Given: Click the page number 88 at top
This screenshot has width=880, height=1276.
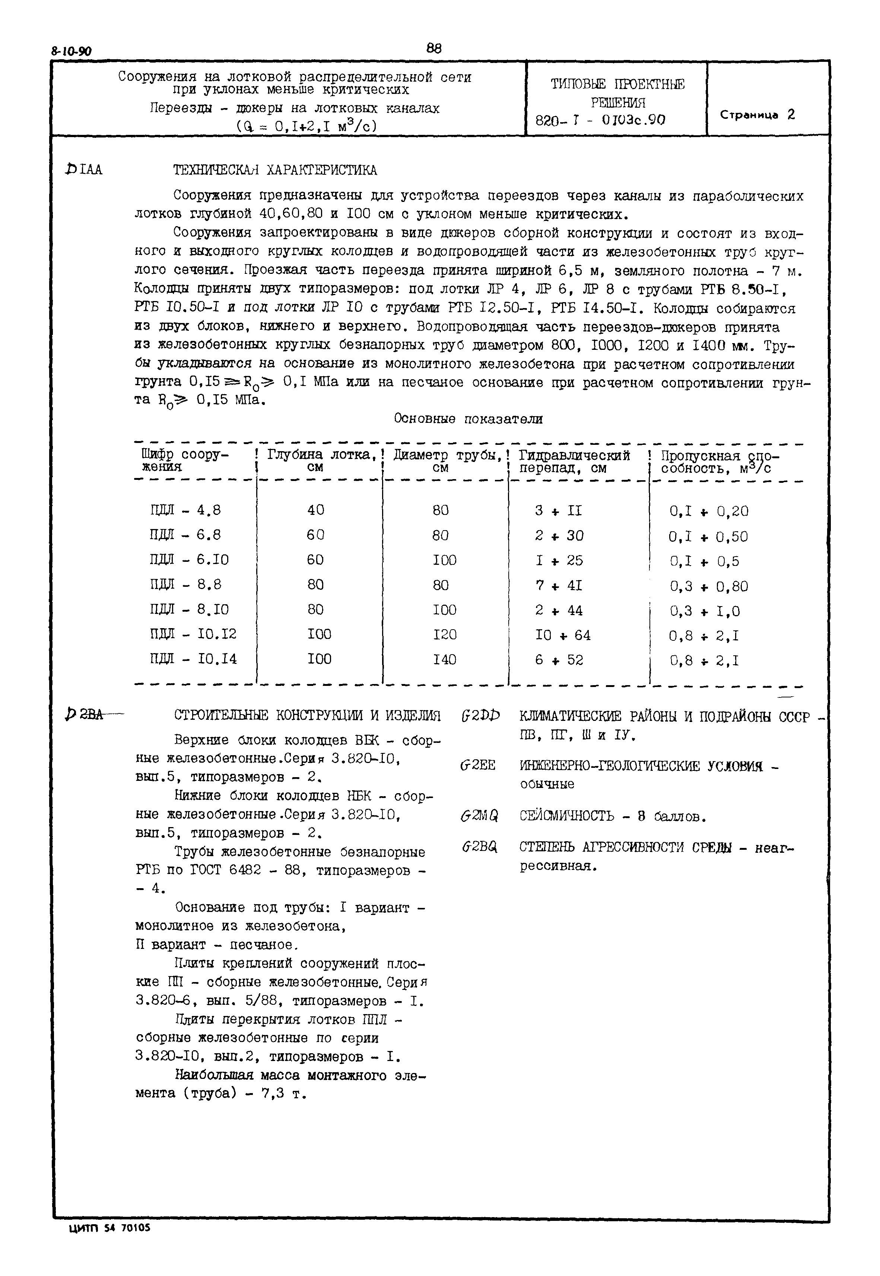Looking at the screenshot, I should [434, 48].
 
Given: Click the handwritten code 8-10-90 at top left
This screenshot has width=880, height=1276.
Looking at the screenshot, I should [72, 52].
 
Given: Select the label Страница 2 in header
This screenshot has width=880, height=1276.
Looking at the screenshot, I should [757, 115].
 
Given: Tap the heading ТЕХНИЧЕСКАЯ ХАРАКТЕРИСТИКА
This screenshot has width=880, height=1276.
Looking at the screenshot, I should [275, 170].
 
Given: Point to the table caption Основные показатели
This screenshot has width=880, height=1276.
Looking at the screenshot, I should [468, 419].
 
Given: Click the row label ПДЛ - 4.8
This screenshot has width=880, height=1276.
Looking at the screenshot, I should [185, 510].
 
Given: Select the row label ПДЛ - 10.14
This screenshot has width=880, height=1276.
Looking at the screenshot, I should [193, 659].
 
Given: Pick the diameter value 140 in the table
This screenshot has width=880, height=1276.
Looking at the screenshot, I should [444, 659].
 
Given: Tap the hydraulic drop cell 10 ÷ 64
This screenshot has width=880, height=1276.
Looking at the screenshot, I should [562, 635].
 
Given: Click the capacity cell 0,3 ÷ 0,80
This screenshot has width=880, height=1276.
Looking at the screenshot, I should [709, 586].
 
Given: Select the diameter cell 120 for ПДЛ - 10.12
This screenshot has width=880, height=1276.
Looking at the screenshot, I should [444, 635].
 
